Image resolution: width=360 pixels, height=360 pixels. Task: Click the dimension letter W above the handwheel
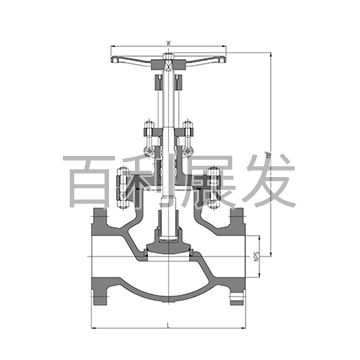pyautogui.click(x=167, y=42)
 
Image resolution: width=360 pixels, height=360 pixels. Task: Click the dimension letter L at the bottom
pyautogui.click(x=167, y=326)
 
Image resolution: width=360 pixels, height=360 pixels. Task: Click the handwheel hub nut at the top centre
pyautogui.click(x=167, y=70)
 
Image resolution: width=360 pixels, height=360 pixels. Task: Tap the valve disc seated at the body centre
pyautogui.click(x=167, y=243)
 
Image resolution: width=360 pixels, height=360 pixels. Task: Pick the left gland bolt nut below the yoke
pyautogui.click(x=148, y=131)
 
